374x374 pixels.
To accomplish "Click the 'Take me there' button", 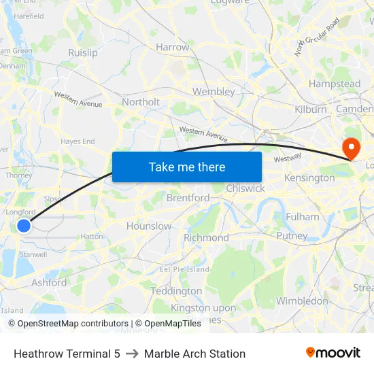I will (x=187, y=167).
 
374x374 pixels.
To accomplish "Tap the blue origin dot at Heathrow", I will (x=24, y=225).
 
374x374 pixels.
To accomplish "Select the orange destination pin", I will (x=352, y=149).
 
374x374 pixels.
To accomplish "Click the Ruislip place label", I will (x=83, y=52).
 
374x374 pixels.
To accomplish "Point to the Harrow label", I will (x=173, y=48).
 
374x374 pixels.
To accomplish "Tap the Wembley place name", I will (x=214, y=91).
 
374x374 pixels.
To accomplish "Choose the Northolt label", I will (x=141, y=102).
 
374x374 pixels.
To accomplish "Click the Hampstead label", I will (x=335, y=84).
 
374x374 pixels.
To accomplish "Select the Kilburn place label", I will (x=311, y=109).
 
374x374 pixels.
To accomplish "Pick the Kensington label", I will (x=309, y=177).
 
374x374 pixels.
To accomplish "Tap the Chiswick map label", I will (x=245, y=188).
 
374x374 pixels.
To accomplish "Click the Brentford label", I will (x=188, y=198).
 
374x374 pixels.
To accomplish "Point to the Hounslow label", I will (x=149, y=226).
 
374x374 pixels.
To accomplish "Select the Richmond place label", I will (x=206, y=238).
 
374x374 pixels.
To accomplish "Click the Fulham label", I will (x=303, y=217).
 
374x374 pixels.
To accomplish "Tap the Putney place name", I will (x=292, y=235).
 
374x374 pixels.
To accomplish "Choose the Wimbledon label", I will (x=302, y=301).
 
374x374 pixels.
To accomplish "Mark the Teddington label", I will (x=176, y=291).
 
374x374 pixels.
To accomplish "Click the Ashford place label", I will (x=49, y=282).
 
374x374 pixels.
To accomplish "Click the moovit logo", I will (x=333, y=353).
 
